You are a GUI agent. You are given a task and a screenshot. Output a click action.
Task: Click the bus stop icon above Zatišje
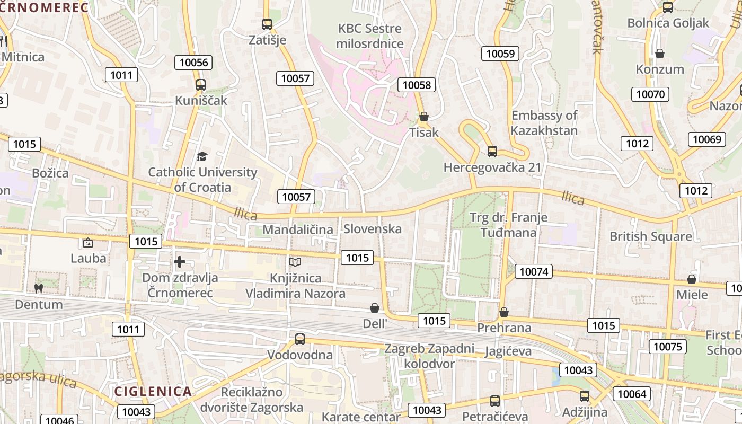coord(267,24)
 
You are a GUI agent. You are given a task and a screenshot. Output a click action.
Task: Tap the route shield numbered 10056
coord(193,63)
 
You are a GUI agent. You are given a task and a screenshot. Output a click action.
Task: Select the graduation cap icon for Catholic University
coord(202,156)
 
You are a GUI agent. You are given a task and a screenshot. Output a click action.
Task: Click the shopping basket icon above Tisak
coord(423,117)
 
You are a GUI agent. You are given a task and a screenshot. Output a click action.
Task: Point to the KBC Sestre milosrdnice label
coord(370,36)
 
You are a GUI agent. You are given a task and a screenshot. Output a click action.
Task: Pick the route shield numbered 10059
coord(500,53)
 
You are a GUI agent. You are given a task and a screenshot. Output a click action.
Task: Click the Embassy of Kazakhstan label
coord(544,123)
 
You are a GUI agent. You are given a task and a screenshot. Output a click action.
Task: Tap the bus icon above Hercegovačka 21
coord(492,152)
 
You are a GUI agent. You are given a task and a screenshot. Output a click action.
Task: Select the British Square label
coord(650,236)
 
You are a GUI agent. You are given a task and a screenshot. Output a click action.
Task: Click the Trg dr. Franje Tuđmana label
coord(508,225)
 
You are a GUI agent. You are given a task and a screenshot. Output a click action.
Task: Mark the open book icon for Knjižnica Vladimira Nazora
coord(295,262)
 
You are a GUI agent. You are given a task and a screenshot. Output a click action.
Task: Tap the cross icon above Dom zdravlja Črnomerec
coord(180,261)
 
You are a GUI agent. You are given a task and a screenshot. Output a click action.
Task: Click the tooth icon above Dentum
coord(38,288)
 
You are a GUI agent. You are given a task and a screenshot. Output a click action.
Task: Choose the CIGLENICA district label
coord(153,392)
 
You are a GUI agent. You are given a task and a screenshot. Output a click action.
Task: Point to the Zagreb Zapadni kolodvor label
coord(429,356)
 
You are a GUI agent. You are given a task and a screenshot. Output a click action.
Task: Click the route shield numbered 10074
coord(533,272)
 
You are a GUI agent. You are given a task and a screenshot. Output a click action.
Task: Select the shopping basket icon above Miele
coord(692,279)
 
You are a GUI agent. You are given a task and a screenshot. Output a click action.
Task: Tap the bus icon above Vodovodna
coord(300,339)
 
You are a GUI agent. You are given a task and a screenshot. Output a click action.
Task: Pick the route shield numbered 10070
coord(650,94)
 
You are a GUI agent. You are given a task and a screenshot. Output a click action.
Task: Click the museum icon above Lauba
coord(88,243)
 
